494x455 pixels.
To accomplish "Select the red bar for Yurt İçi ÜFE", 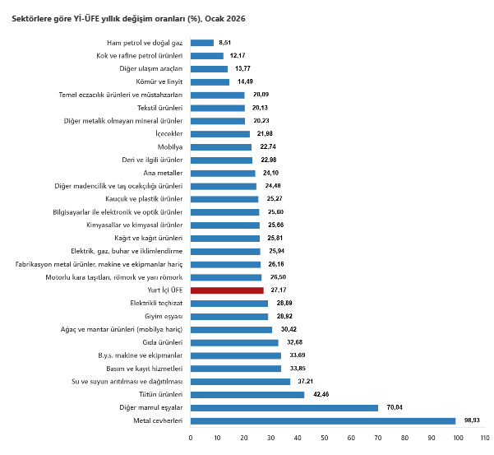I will (x=226, y=290).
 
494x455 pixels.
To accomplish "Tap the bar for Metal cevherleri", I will (x=322, y=420).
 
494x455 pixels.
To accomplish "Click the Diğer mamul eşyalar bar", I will (x=284, y=407).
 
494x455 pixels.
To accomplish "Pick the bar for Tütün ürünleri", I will (x=247, y=395).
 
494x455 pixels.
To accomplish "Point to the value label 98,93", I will (x=473, y=420).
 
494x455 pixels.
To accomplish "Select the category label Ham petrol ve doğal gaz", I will (x=145, y=42).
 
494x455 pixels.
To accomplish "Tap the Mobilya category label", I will (x=169, y=146).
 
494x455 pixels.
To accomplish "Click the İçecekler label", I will (x=168, y=133).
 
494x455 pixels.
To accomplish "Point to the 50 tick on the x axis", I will (x=324, y=438).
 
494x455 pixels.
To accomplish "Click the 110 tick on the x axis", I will (x=484, y=438).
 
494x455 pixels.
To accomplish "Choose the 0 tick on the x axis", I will (x=190, y=438).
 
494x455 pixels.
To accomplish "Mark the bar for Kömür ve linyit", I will (x=209, y=81).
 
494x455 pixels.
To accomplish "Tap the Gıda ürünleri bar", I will (x=233, y=342).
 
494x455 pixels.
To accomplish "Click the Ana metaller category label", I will (x=163, y=173).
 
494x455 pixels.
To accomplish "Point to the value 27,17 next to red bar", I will (x=278, y=290).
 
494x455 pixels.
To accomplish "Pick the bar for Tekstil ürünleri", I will (x=217, y=107).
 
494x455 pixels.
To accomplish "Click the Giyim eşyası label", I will (x=161, y=316).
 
